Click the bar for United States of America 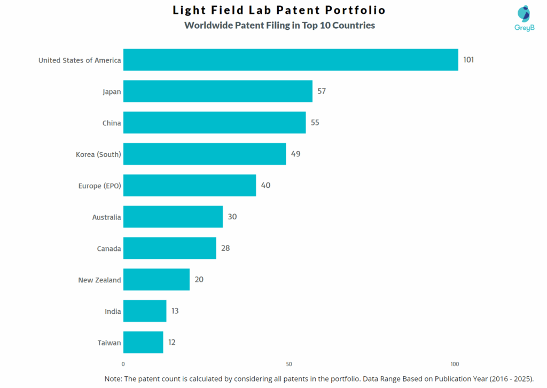(x=291, y=60)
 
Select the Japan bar (x=217, y=91)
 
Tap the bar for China (x=214, y=123)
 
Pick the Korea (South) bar (x=205, y=154)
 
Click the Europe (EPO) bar (x=190, y=185)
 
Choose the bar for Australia (x=173, y=217)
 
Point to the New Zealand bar (x=157, y=280)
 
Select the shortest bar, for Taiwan (x=143, y=342)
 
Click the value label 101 (x=468, y=60)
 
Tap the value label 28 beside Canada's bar (x=225, y=248)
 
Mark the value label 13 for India (x=175, y=311)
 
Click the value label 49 (x=295, y=154)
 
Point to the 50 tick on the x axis (x=289, y=364)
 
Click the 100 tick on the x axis (x=455, y=364)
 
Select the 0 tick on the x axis (x=123, y=364)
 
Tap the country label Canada (x=109, y=249)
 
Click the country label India (x=113, y=311)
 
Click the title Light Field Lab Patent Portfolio (x=279, y=10)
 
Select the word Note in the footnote (x=113, y=378)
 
